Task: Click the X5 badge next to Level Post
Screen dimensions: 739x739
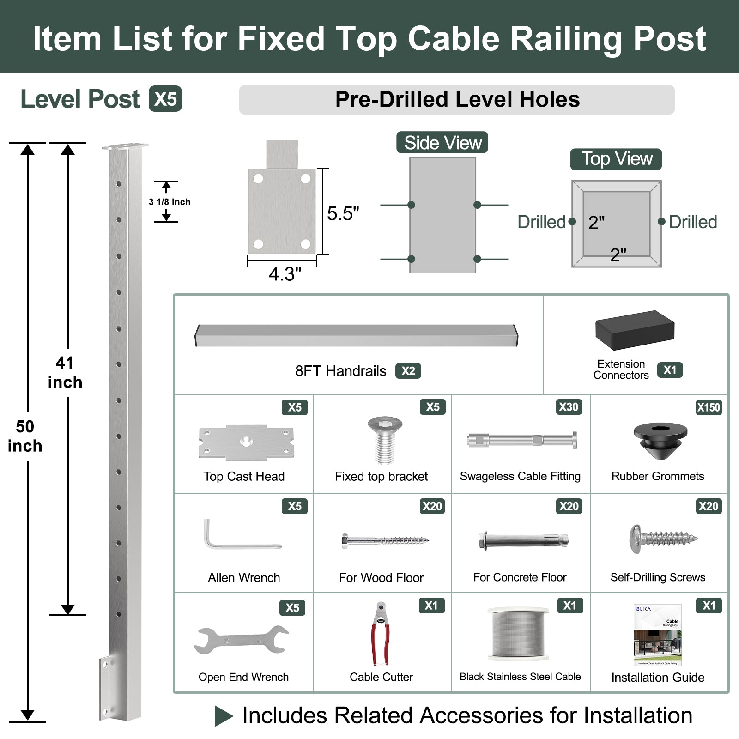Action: click(165, 99)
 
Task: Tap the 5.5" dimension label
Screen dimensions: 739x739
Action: click(343, 214)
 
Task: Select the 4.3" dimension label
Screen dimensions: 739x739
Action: click(285, 274)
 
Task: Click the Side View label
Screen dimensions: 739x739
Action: click(442, 143)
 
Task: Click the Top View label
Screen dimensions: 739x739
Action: click(616, 159)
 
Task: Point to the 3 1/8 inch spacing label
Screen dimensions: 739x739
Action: click(169, 202)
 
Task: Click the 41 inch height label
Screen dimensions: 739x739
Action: click(65, 372)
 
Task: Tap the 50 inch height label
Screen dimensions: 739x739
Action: click(25, 436)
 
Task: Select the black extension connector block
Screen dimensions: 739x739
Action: click(635, 330)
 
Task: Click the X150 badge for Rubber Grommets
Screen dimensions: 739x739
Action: click(709, 407)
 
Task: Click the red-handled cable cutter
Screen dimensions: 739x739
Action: click(381, 633)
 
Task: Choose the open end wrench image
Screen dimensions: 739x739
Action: click(241, 640)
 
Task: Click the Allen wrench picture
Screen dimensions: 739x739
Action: click(240, 536)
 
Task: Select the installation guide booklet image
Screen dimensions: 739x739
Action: click(658, 635)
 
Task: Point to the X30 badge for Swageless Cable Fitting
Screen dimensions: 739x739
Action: click(568, 407)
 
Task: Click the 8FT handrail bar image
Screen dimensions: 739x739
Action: click(356, 335)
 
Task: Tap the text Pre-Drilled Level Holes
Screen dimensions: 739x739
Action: click(457, 100)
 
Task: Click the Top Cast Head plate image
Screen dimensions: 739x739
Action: click(246, 442)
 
